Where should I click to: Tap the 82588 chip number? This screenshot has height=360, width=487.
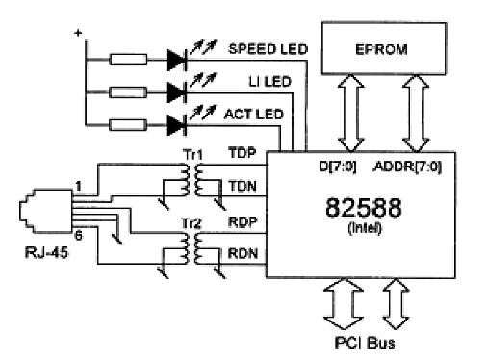(363, 208)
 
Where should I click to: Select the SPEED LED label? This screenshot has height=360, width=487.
(268, 49)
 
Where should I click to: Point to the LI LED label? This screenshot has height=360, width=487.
(269, 82)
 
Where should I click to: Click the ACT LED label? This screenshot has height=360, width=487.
(253, 115)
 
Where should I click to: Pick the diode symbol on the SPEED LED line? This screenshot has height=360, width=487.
(177, 60)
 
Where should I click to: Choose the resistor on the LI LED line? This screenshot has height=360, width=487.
(128, 92)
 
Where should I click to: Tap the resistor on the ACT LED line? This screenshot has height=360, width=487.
(128, 125)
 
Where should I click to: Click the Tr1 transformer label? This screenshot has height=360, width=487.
(193, 155)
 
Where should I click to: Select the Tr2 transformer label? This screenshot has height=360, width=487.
(192, 223)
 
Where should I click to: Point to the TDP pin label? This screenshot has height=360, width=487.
(243, 153)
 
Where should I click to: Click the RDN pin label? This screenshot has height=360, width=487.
(243, 253)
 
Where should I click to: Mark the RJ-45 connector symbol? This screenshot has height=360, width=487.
(46, 211)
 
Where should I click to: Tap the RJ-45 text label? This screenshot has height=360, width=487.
(46, 252)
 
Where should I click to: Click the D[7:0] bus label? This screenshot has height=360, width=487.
(338, 167)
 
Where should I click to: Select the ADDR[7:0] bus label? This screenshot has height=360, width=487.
(407, 167)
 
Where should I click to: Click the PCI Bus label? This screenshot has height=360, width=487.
(365, 343)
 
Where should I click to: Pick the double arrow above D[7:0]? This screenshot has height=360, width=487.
(351, 113)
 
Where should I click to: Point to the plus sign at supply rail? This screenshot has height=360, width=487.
(78, 33)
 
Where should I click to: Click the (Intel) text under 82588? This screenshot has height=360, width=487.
(365, 228)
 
